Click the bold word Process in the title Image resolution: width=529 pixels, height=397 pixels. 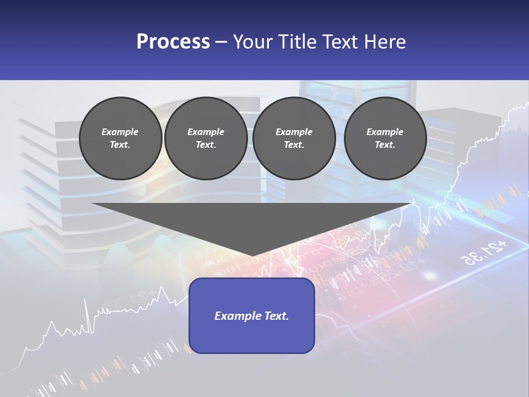click(x=173, y=42)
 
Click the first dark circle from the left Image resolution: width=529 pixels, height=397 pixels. click(x=120, y=138)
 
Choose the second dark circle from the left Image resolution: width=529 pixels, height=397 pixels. click(x=206, y=138)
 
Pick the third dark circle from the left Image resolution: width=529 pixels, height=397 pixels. click(x=294, y=138)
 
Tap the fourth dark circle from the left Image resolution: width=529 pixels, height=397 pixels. click(x=385, y=138)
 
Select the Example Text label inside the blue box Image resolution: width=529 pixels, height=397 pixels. click(x=251, y=316)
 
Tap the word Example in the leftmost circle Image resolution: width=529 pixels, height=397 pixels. click(x=120, y=132)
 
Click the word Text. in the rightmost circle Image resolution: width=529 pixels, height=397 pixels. click(x=385, y=145)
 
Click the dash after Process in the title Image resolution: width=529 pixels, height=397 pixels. click(x=222, y=42)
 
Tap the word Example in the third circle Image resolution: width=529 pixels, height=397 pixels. click(x=294, y=132)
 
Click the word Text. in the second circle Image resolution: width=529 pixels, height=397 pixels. click(x=206, y=145)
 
